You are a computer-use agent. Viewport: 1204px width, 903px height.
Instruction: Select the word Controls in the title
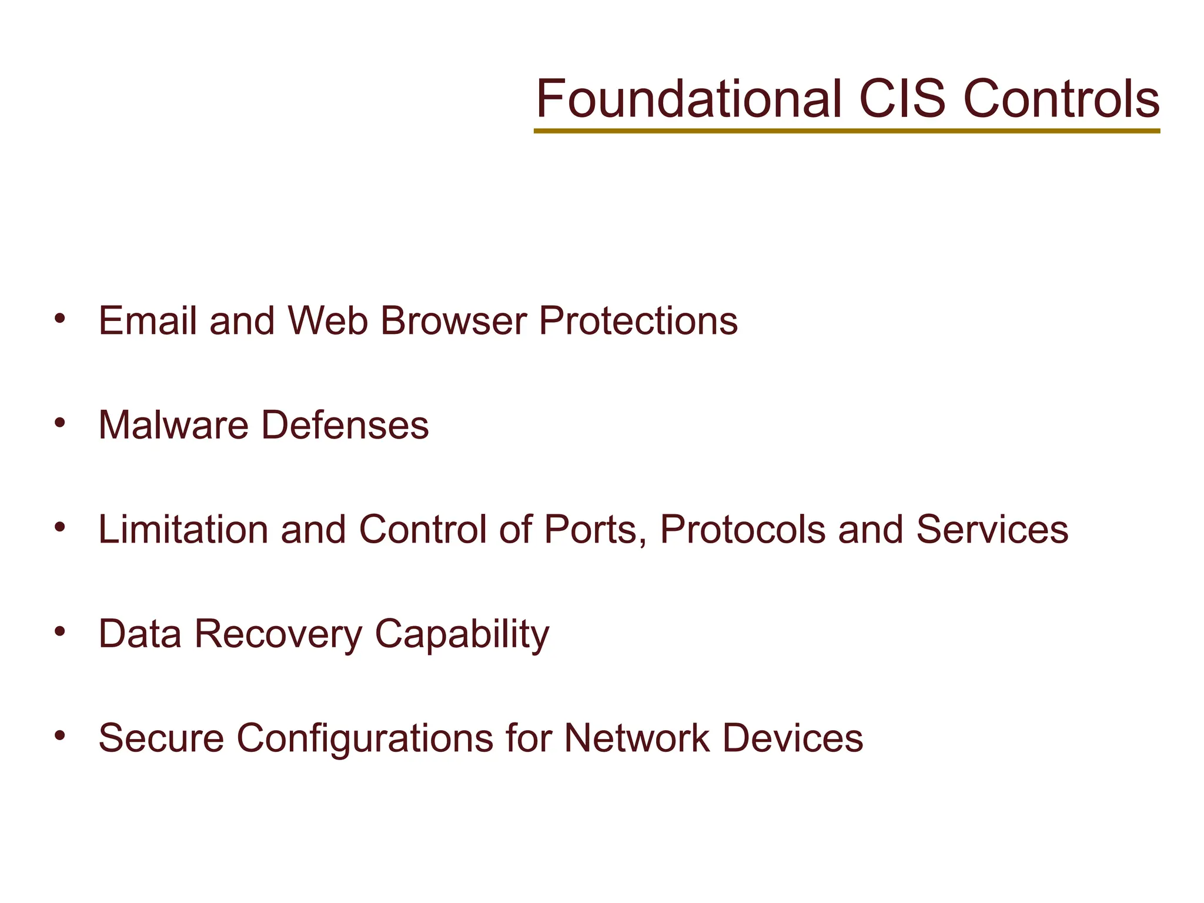[1062, 99]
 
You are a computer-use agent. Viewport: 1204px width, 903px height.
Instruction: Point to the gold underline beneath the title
[847, 131]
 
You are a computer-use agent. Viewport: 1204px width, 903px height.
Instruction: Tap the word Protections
[638, 321]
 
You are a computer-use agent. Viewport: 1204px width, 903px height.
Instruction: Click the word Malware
[173, 425]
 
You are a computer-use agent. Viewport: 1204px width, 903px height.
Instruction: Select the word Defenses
[345, 425]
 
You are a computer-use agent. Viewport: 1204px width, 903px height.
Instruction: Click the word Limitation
[183, 529]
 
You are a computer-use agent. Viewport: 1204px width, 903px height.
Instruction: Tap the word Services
[992, 529]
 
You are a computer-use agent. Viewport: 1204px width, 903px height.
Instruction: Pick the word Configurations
[364, 738]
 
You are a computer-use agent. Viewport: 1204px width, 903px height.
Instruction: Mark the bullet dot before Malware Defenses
[59, 423]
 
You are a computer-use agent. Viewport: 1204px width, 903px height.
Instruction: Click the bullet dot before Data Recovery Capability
[59, 631]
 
